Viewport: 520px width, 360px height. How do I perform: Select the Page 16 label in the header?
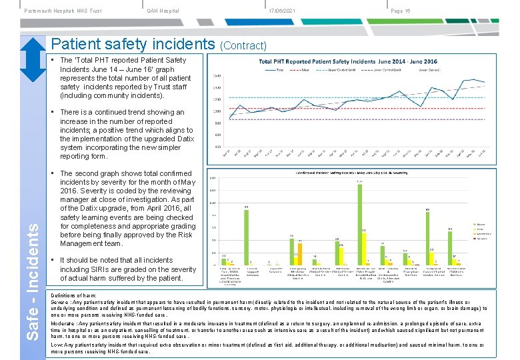click(401, 11)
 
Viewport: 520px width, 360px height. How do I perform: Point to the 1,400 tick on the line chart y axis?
click(216, 87)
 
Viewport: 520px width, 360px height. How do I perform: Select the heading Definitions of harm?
click(71, 295)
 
